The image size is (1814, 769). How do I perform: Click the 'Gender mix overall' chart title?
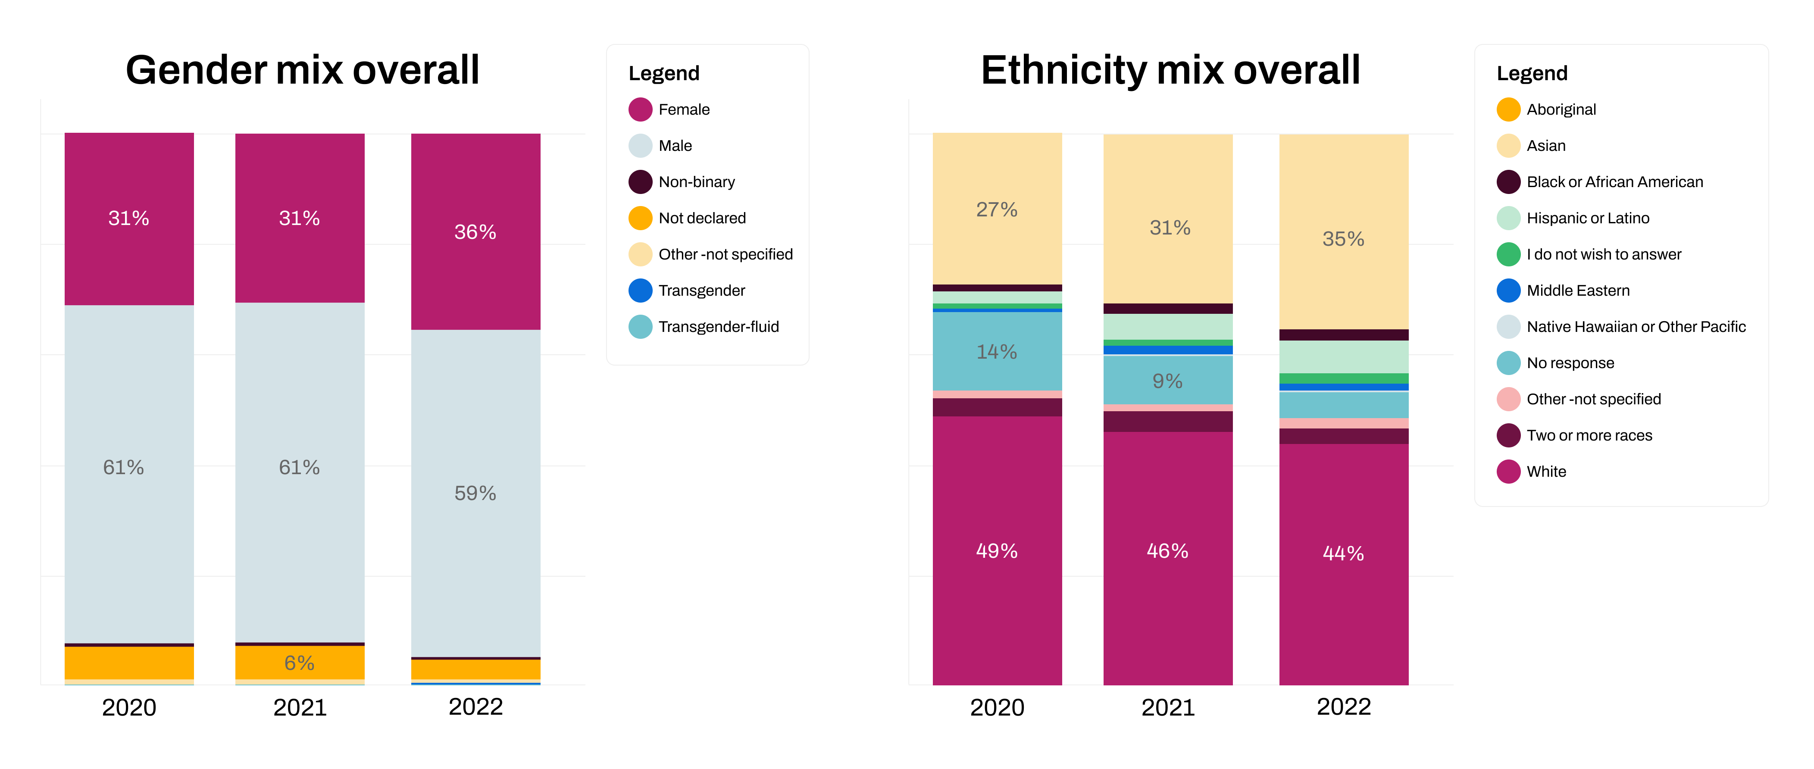point(302,70)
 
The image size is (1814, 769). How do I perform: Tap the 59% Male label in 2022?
point(475,493)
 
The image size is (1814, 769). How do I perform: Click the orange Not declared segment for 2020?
point(129,663)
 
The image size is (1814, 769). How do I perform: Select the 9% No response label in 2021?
point(1167,381)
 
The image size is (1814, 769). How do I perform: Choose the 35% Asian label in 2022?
point(1343,239)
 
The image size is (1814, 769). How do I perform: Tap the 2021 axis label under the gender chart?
point(300,707)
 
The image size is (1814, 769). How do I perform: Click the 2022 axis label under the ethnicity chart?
point(1344,706)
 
